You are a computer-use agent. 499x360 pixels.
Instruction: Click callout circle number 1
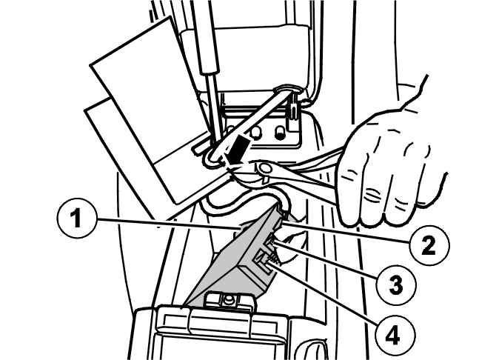pyautogui.click(x=76, y=219)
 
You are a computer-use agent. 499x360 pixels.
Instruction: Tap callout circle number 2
pyautogui.click(x=429, y=246)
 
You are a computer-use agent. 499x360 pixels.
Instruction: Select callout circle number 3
pyautogui.click(x=395, y=284)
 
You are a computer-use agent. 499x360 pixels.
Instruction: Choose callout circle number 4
pyautogui.click(x=395, y=336)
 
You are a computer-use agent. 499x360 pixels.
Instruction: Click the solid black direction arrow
pyautogui.click(x=237, y=150)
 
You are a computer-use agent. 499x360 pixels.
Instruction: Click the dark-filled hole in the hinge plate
pyautogui.click(x=280, y=133)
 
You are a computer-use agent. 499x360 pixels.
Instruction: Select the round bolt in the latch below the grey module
pyautogui.click(x=228, y=299)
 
